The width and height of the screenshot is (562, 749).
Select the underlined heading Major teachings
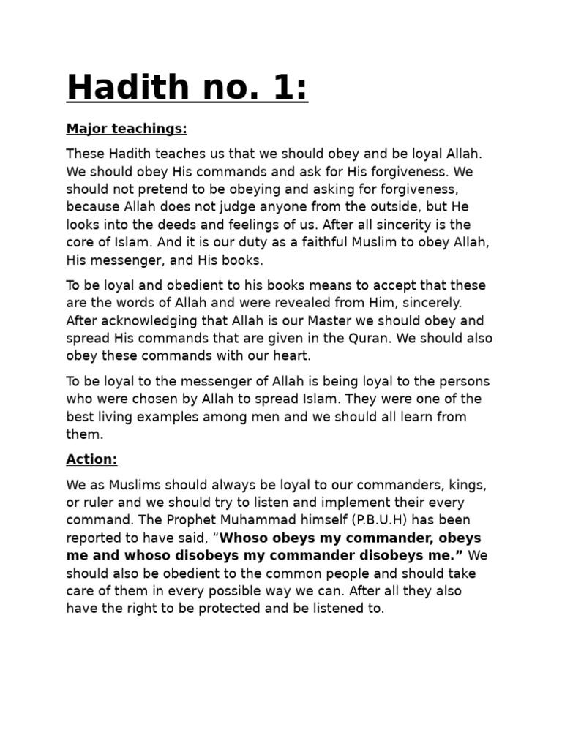tap(127, 129)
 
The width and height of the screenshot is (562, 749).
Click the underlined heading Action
tap(91, 459)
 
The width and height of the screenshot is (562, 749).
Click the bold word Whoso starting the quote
tap(248, 538)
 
